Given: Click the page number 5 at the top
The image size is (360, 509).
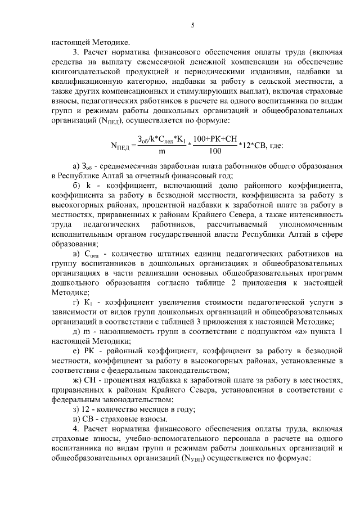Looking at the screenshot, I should [x=192, y=25].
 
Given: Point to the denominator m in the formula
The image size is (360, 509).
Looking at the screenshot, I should [x=162, y=151].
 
